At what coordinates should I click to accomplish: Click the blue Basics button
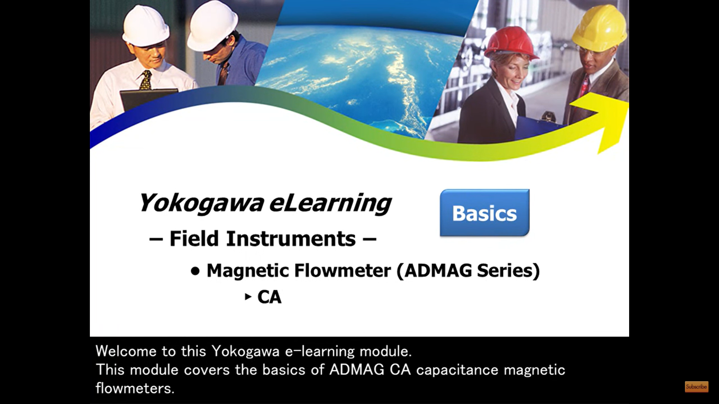[485, 213]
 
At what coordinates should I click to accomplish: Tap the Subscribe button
[696, 386]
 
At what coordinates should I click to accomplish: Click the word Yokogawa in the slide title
[201, 203]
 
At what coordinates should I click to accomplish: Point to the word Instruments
[291, 239]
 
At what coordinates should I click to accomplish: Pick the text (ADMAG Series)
[468, 270]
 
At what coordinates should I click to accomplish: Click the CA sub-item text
[269, 297]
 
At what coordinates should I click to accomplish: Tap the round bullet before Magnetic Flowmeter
[195, 271]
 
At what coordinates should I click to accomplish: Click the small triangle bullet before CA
[248, 297]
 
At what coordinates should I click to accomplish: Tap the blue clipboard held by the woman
[536, 129]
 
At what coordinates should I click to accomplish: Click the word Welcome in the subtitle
[126, 351]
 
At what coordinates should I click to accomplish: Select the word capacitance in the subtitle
[457, 370]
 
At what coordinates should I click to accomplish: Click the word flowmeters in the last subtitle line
[135, 388]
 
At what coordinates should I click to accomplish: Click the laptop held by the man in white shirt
[148, 99]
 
